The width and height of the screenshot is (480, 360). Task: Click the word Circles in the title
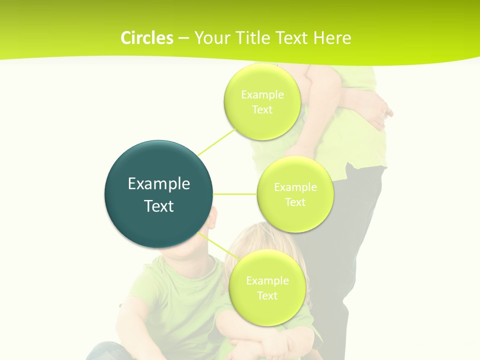pyautogui.click(x=146, y=38)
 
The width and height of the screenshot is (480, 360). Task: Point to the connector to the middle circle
pyautogui.click(x=235, y=194)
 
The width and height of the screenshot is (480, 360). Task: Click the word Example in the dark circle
pyautogui.click(x=159, y=184)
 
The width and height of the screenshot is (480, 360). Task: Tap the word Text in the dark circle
pyautogui.click(x=159, y=206)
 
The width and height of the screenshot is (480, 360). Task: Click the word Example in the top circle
pyautogui.click(x=262, y=94)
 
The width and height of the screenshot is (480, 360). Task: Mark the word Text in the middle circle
pyautogui.click(x=295, y=202)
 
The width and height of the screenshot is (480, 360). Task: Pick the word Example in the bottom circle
pyautogui.click(x=267, y=280)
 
